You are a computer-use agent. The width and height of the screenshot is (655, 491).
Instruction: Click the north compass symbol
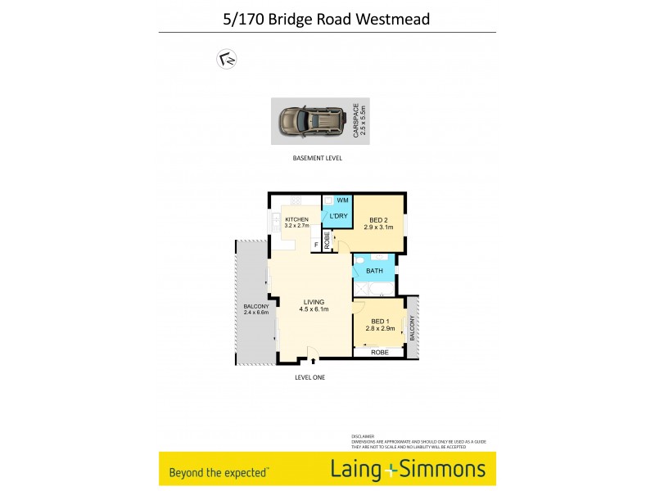click(226, 59)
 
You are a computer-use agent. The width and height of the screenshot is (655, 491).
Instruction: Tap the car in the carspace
click(311, 122)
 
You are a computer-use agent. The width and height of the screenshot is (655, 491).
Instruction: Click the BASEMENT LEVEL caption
click(317, 158)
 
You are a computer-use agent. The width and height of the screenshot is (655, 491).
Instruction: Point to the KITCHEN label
click(296, 220)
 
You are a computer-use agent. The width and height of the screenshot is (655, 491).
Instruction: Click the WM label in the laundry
click(343, 200)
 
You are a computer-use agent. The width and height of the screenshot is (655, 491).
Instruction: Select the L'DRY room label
click(339, 215)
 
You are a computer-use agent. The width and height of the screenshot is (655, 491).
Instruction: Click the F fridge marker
click(315, 244)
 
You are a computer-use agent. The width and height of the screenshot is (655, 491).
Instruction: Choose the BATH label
click(375, 270)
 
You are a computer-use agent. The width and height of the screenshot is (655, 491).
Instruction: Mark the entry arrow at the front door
click(312, 360)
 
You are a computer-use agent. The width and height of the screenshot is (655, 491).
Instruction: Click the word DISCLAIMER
click(363, 437)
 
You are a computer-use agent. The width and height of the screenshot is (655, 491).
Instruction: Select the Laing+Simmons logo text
click(408, 470)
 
